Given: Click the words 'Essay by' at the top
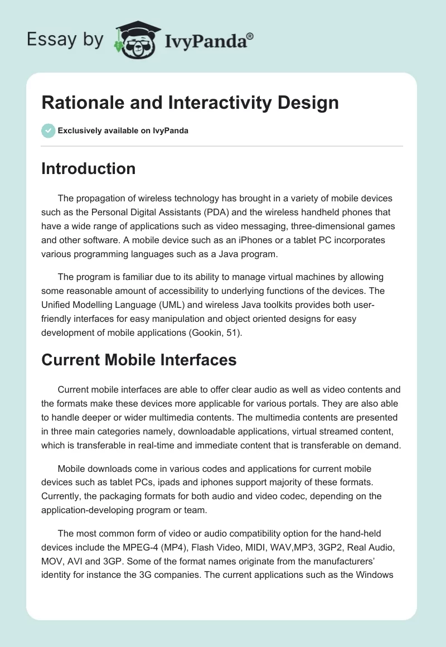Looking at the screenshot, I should (x=65, y=40).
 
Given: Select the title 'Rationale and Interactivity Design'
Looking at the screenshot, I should (x=190, y=103).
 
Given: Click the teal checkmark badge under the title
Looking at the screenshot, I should (x=48, y=131).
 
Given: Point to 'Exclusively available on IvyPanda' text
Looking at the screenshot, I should (x=123, y=131).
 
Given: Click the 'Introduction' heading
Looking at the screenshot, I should (x=88, y=168).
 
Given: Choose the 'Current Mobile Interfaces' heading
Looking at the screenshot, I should (x=139, y=360).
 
